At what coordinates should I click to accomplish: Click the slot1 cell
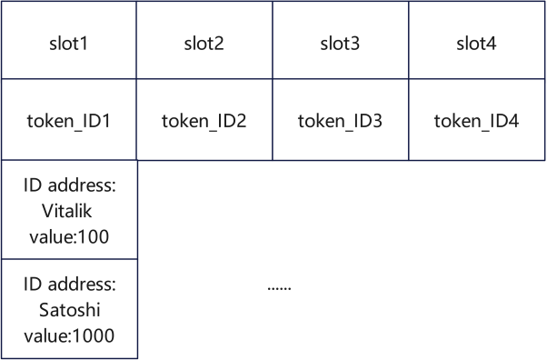(x=68, y=42)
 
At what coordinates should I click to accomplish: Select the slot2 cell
(x=204, y=42)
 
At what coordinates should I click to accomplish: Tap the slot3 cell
(x=341, y=42)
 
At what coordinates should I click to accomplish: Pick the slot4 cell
(x=477, y=42)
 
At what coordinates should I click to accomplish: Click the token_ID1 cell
(x=68, y=120)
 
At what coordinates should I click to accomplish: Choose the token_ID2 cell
(x=204, y=120)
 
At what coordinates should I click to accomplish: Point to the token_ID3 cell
(x=341, y=120)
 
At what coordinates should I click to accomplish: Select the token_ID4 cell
(x=477, y=120)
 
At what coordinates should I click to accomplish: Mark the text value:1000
(x=68, y=334)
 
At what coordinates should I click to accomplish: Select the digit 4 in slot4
(x=493, y=42)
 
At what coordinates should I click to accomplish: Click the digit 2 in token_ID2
(x=242, y=120)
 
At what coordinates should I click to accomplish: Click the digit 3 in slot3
(x=357, y=42)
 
